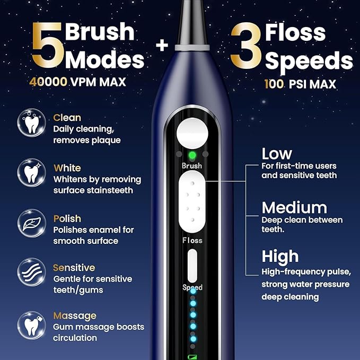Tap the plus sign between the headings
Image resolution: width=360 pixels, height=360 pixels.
(162, 46)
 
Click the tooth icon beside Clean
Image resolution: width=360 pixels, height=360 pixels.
(31, 122)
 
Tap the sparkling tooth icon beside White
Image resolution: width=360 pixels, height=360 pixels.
(31, 172)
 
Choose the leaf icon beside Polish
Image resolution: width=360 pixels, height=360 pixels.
(31, 222)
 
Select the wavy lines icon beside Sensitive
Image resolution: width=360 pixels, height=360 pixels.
(31, 273)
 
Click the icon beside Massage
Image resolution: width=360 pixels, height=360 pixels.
(31, 324)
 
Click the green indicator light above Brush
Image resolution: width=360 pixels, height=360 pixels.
(192, 155)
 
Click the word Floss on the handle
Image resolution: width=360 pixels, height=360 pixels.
(192, 240)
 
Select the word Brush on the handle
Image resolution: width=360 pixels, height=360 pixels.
(192, 166)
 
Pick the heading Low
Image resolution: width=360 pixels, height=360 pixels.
(277, 154)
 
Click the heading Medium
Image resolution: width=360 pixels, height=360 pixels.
(294, 207)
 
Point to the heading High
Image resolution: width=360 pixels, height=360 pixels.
(280, 257)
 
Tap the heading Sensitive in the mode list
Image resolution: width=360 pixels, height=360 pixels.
(74, 268)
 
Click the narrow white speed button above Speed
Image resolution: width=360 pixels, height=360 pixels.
(192, 265)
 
